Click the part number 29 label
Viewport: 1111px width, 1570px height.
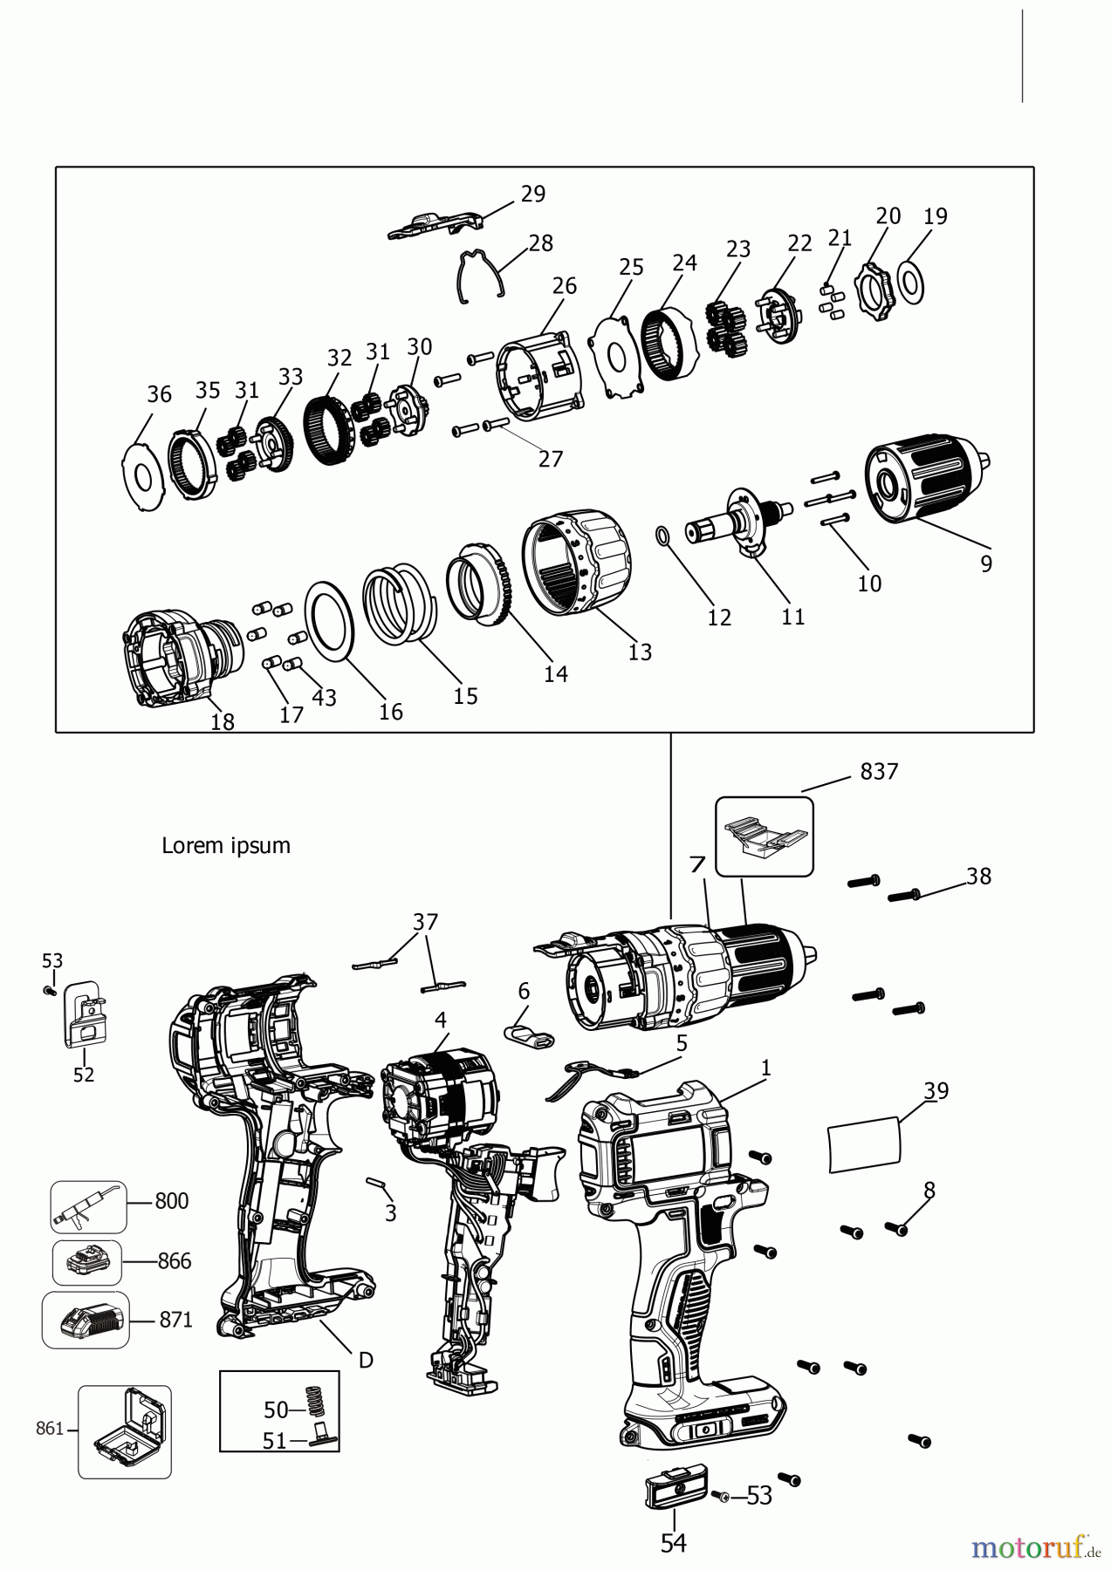pos(532,194)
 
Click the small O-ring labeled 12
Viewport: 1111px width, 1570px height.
pos(662,535)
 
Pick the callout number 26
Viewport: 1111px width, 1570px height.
pos(565,285)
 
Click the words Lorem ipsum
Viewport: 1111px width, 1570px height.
pos(225,845)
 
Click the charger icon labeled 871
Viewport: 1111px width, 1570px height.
pos(86,1320)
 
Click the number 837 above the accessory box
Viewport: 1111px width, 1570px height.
pos(879,771)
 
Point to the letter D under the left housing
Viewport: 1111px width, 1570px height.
pos(366,1360)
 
